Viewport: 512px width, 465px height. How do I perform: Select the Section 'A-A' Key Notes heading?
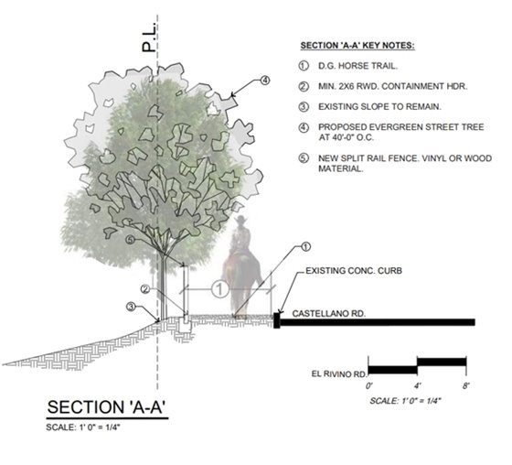pos(357,46)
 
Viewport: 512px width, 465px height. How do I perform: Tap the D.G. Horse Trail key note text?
pos(357,66)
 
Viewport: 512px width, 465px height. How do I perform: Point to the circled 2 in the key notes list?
pos(304,87)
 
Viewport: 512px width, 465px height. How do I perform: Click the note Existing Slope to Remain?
pos(379,106)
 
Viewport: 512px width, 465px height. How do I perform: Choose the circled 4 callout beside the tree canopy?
pos(265,80)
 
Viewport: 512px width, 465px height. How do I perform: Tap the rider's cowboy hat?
pos(241,219)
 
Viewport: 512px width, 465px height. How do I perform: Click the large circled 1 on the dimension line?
pos(220,289)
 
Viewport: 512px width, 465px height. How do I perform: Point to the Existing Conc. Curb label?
pos(354,271)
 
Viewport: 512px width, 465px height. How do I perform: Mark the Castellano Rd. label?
pos(329,314)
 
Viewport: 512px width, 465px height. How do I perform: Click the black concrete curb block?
pos(277,320)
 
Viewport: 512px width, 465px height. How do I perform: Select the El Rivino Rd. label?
pos(339,373)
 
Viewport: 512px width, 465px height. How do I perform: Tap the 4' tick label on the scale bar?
pos(417,386)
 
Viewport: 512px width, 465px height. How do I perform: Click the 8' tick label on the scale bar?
pos(465,386)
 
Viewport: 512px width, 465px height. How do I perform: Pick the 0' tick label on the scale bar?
pos(369,386)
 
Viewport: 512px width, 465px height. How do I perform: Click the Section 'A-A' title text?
pos(106,407)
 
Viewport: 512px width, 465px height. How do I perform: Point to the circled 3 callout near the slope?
pos(131,307)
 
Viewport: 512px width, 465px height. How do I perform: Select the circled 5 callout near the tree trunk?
pos(130,240)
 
